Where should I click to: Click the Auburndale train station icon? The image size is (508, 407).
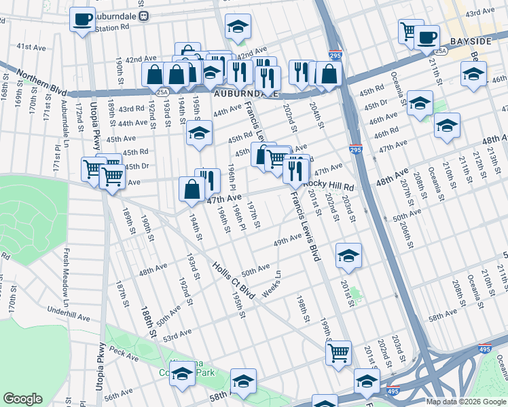pos(143,16)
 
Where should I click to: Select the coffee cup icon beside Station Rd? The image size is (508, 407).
pos(82,19)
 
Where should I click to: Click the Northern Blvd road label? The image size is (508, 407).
pos(34,75)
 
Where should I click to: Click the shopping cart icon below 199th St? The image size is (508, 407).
pos(338,353)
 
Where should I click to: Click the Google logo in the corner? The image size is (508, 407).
pos(22,399)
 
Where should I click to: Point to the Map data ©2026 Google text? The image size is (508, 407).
pos(466,402)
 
